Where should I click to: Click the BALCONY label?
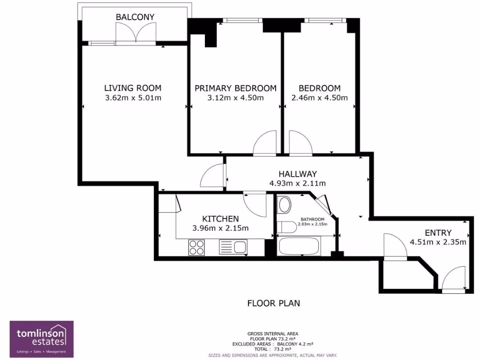coord(135,17)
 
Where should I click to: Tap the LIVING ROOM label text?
coord(133,88)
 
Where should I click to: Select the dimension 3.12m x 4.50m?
coord(235,98)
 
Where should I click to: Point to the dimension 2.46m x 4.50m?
coord(320,98)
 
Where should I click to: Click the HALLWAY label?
coord(298,174)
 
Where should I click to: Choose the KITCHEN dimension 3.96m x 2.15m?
coord(220,228)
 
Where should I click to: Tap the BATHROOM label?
coord(312,219)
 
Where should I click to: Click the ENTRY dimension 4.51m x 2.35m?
coord(438,242)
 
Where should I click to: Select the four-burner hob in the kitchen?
coord(196,247)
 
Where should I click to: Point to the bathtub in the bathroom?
coord(299,247)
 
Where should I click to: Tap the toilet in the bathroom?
coord(287,227)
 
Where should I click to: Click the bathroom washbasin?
coord(285,205)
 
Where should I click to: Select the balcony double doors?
coord(135,34)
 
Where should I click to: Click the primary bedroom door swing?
coord(265,142)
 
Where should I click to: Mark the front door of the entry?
coord(454,278)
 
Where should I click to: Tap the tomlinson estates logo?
coord(42,339)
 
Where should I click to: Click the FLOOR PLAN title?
coord(274,303)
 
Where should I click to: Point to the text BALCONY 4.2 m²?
coord(295,344)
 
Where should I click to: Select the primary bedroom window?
coord(243,21)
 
